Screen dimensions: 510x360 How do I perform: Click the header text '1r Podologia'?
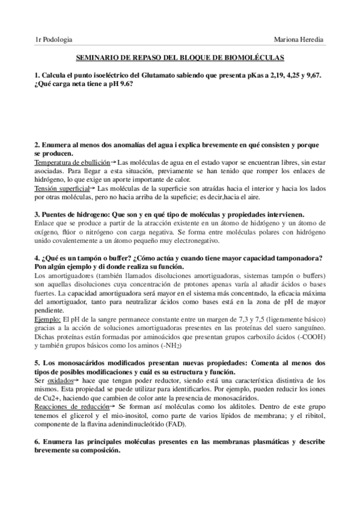pos(54,39)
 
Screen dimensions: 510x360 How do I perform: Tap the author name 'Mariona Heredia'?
pos(297,39)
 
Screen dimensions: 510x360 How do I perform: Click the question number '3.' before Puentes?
pos(37,215)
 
